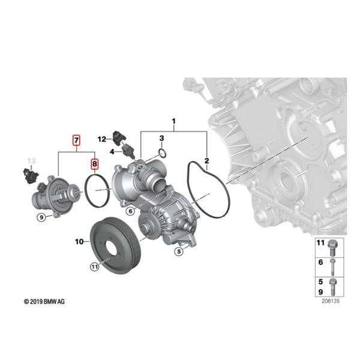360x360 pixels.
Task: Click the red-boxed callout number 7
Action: click(x=76, y=142)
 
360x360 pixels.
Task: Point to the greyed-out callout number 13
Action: click(x=32, y=161)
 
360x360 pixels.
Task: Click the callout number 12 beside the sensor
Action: click(x=102, y=139)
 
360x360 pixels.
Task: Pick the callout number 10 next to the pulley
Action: click(x=79, y=242)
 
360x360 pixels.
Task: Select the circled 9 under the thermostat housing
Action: click(x=41, y=217)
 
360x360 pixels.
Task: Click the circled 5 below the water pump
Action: click(x=179, y=252)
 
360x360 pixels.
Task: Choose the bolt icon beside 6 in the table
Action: click(x=334, y=263)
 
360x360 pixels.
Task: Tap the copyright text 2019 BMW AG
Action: click(x=44, y=301)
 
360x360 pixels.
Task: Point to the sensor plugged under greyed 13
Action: click(x=31, y=175)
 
